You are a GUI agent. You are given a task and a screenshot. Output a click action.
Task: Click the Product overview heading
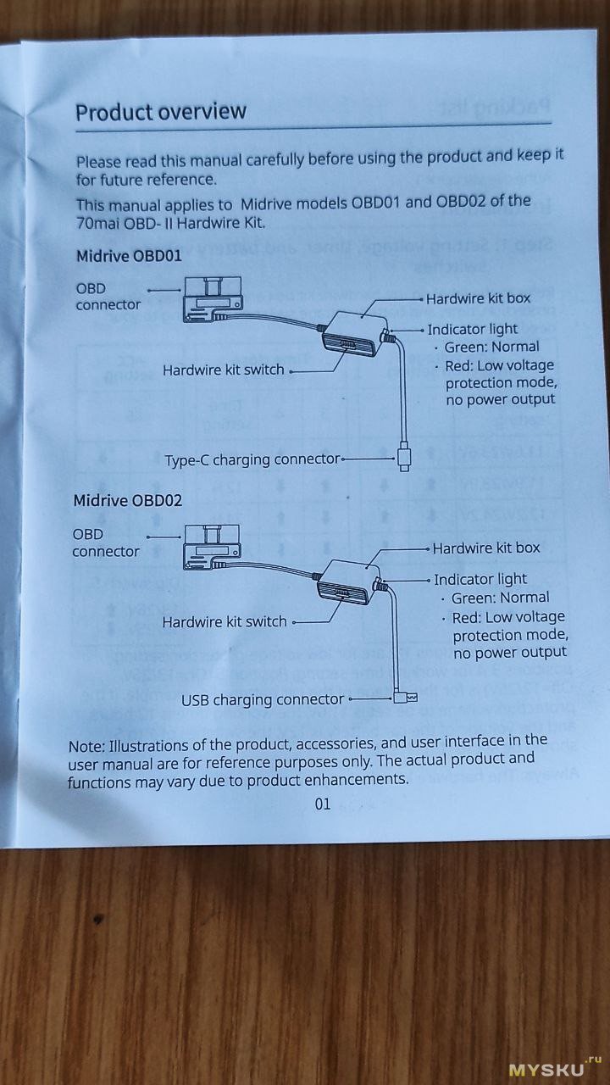[x=161, y=112]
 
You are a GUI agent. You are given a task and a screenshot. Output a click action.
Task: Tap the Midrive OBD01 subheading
[x=129, y=255]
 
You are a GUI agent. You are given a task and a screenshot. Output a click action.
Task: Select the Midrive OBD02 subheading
[x=127, y=500]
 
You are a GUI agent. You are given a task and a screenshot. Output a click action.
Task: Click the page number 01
[x=322, y=804]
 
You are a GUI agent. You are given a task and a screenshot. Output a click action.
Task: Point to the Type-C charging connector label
[x=252, y=460]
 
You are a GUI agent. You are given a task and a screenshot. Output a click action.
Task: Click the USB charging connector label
[x=263, y=700]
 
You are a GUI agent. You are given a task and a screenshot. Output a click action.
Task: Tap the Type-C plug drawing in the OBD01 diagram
[x=404, y=459]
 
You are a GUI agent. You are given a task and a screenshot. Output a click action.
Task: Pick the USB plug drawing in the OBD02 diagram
[x=404, y=698]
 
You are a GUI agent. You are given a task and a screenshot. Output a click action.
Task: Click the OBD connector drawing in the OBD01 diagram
[x=212, y=301]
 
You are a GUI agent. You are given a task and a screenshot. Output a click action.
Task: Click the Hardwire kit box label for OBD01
[x=478, y=298]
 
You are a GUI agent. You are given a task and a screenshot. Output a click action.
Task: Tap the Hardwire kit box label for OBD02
[x=485, y=548]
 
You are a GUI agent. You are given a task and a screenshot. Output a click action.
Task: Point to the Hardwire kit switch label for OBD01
[x=224, y=370]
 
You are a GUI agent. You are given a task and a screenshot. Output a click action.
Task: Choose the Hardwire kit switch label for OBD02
[x=225, y=622]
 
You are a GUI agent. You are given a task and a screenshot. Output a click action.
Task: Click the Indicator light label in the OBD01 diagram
[x=472, y=329]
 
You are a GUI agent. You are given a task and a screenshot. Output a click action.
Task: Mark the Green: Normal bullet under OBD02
[x=500, y=598]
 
